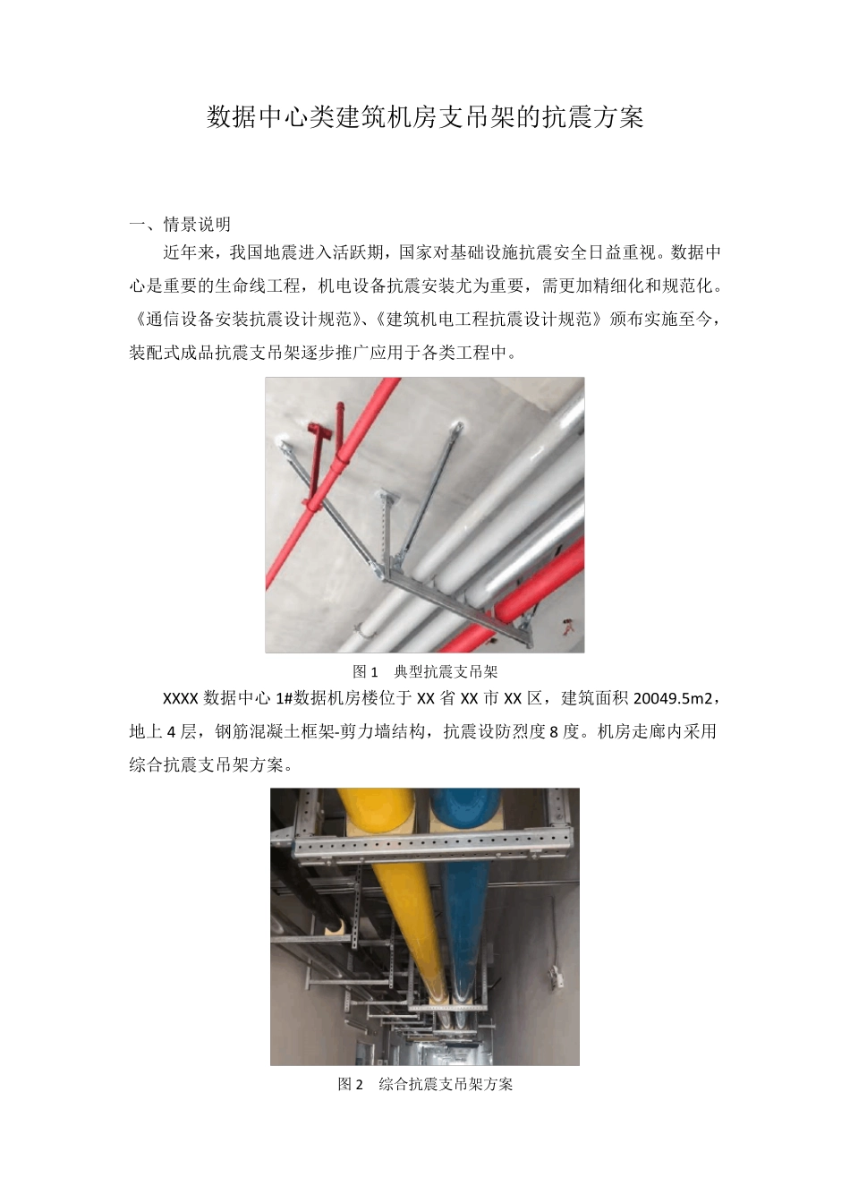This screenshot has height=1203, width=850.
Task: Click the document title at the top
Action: coord(425,117)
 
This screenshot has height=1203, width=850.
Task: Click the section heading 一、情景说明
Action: coord(180,224)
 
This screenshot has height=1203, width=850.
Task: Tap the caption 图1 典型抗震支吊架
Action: coord(425,671)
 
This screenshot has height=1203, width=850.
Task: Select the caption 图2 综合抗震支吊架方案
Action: coord(425,1084)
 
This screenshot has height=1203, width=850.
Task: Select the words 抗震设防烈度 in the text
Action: coord(496,732)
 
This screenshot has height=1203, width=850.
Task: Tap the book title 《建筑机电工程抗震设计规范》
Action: coord(484,320)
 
